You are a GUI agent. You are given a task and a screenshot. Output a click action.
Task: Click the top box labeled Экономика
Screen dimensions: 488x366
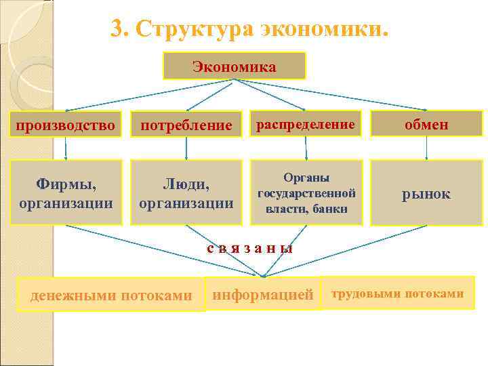pos(234,66)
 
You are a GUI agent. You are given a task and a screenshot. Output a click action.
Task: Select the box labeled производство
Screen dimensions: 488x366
pos(66,125)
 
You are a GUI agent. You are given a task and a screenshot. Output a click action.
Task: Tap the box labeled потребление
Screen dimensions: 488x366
pos(186,125)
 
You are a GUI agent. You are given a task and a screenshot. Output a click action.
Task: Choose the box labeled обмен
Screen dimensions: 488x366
pos(426,125)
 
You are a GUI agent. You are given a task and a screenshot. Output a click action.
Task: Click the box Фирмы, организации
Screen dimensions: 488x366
pos(66,192)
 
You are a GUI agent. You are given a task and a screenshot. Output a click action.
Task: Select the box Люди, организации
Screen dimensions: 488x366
pos(186,192)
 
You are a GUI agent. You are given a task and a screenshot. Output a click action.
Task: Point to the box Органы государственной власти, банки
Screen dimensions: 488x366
pos(306,192)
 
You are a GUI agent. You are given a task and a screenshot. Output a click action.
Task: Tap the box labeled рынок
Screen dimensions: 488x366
pos(426,193)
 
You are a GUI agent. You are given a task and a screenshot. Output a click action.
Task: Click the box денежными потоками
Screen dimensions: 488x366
pos(111,295)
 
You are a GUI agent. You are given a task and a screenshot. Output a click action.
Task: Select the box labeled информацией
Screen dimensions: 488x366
pos(263,294)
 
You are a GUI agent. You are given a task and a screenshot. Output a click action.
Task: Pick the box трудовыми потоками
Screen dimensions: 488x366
pos(398,293)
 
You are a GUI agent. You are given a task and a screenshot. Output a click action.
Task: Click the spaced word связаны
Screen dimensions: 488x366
pos(250,248)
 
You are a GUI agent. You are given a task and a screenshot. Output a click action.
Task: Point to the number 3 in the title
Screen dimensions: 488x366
pos(118,29)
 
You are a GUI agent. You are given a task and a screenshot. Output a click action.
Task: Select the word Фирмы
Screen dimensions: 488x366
pos(66,184)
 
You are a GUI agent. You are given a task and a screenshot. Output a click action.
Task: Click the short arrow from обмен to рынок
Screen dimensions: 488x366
pos(426,149)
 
